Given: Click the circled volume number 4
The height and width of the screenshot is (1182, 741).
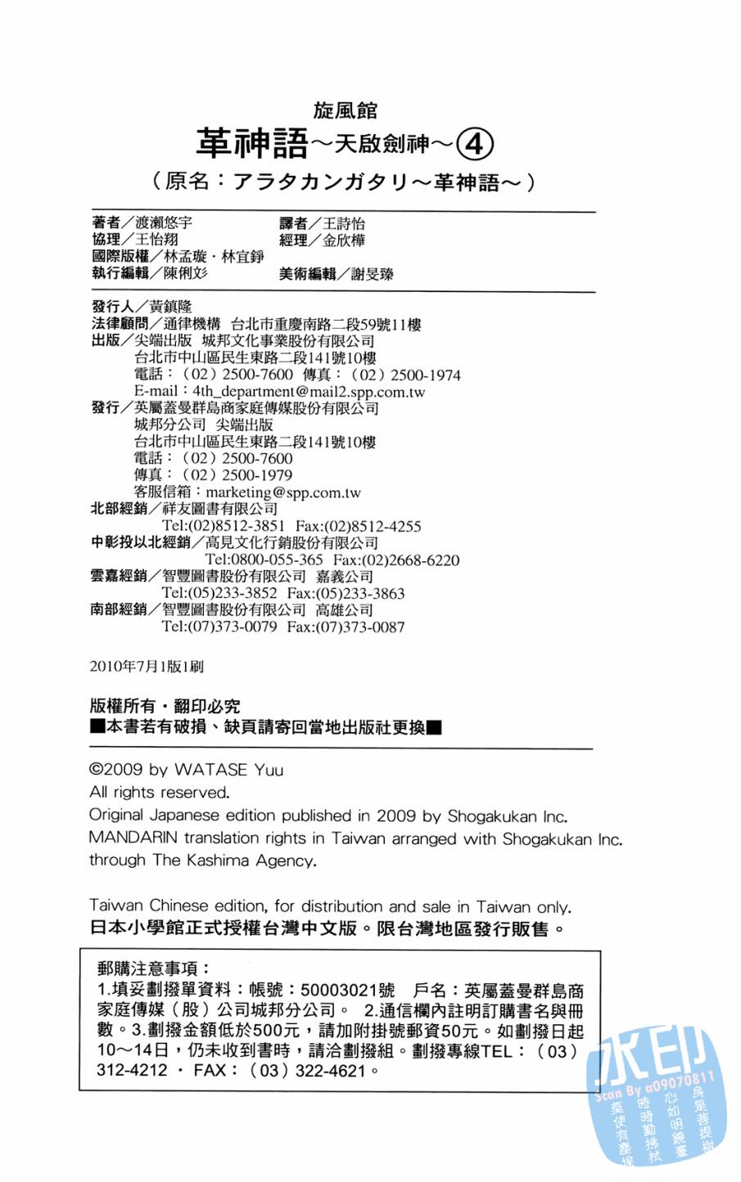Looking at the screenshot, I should pyautogui.click(x=474, y=145).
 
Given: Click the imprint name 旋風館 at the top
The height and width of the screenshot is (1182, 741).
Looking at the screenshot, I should pyautogui.click(x=345, y=110).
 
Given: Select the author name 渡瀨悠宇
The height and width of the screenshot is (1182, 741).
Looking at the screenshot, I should pyautogui.click(x=164, y=222).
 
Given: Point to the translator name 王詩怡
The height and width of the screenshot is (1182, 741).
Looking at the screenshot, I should pyautogui.click(x=344, y=223).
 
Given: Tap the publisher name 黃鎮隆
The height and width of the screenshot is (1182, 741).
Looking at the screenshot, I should pyautogui.click(x=170, y=306).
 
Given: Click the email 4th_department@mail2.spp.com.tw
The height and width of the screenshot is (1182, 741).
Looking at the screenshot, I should pyautogui.click(x=309, y=392).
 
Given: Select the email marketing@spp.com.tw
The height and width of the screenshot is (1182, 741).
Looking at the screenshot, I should pyautogui.click(x=283, y=492).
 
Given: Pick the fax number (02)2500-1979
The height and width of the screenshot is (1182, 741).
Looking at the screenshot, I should pyautogui.click(x=237, y=475).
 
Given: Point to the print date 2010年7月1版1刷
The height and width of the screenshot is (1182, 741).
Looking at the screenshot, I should pyautogui.click(x=147, y=667).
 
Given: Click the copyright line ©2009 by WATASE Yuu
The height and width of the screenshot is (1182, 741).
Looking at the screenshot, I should pyautogui.click(x=186, y=770).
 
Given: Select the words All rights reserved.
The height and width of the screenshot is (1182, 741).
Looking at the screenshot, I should pyautogui.click(x=159, y=793).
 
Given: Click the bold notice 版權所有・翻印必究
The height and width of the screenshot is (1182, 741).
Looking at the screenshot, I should pyautogui.click(x=165, y=706).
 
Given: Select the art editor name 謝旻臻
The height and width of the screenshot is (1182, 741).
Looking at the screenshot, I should pyautogui.click(x=373, y=274).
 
